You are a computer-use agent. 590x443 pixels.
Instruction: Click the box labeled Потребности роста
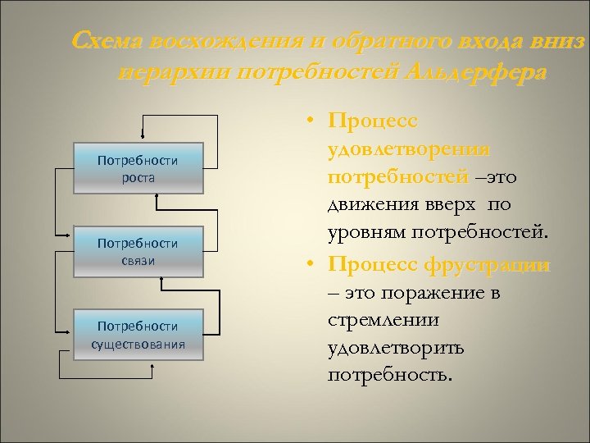137,169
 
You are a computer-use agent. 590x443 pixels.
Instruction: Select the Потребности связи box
137,251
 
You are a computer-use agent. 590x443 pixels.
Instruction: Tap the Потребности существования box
137,334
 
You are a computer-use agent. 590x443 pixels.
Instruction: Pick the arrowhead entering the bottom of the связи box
162,281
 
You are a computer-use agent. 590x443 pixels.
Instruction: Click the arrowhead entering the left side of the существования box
69,331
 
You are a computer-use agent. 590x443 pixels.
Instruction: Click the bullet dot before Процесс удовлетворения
314,122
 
